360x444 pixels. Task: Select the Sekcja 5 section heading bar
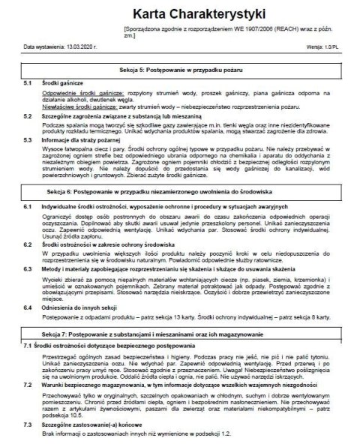click(x=180, y=68)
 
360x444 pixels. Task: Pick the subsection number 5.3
click(x=28, y=139)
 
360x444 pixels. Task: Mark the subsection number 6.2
click(x=28, y=242)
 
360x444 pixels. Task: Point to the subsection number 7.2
click(x=28, y=383)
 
